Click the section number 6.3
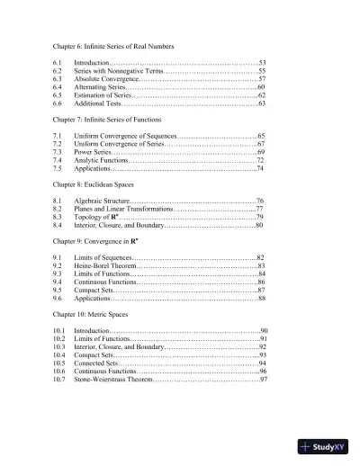tap(58, 78)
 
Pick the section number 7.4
tap(58, 160)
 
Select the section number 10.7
tap(60, 380)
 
